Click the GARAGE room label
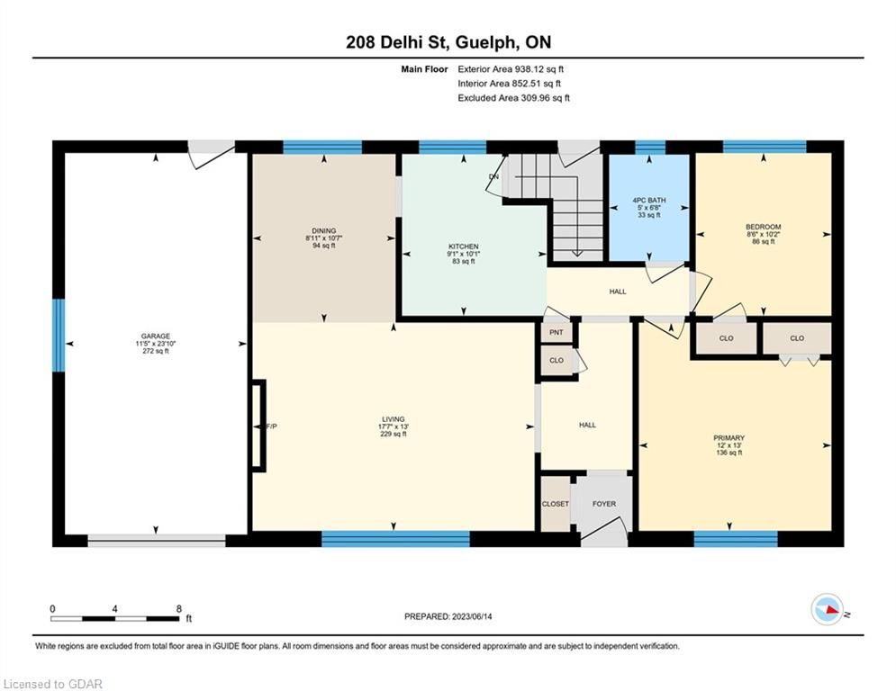[x=156, y=337]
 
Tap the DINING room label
[x=324, y=230]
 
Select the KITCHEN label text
[x=464, y=247]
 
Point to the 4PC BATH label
[x=649, y=201]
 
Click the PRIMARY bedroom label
[x=729, y=437]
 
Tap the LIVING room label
[x=394, y=419]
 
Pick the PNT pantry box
[x=556, y=332]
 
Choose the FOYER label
[x=604, y=504]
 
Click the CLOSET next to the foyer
[x=556, y=504]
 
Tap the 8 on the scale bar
[x=179, y=609]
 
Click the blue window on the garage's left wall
[x=59, y=336]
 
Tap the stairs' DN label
[x=493, y=176]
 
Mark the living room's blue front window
[x=395, y=539]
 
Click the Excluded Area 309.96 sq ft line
[x=513, y=98]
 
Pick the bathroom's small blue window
[x=650, y=148]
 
